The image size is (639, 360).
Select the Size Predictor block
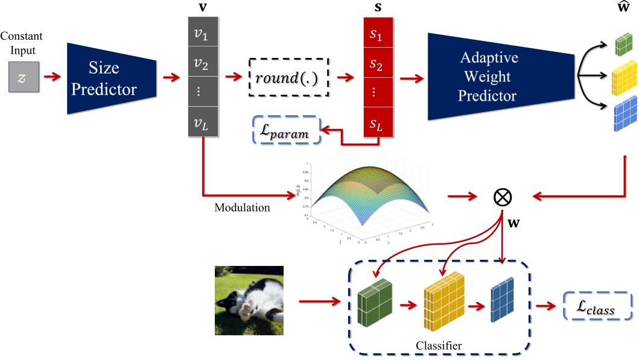[x=112, y=78]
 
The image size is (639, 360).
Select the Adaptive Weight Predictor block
[x=489, y=77]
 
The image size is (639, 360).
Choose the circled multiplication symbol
[x=502, y=196]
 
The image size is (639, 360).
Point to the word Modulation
[x=242, y=207]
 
